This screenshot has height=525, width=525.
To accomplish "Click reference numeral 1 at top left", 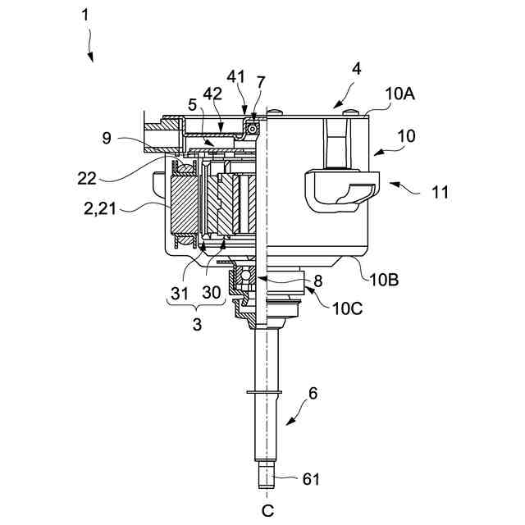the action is [x=85, y=16].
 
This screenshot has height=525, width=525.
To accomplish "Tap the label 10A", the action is [x=399, y=94].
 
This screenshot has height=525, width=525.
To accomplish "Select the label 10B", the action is [x=384, y=280].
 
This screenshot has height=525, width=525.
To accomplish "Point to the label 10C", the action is [x=347, y=308].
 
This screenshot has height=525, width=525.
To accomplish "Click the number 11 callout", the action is [x=440, y=192].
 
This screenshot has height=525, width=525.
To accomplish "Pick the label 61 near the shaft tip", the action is [x=311, y=479].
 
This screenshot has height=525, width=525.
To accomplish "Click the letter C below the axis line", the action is [x=267, y=511].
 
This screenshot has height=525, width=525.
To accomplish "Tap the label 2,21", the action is [x=100, y=209].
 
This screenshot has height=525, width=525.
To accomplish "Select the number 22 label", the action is [x=87, y=179].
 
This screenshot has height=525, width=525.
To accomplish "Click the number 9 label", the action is [x=107, y=138].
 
